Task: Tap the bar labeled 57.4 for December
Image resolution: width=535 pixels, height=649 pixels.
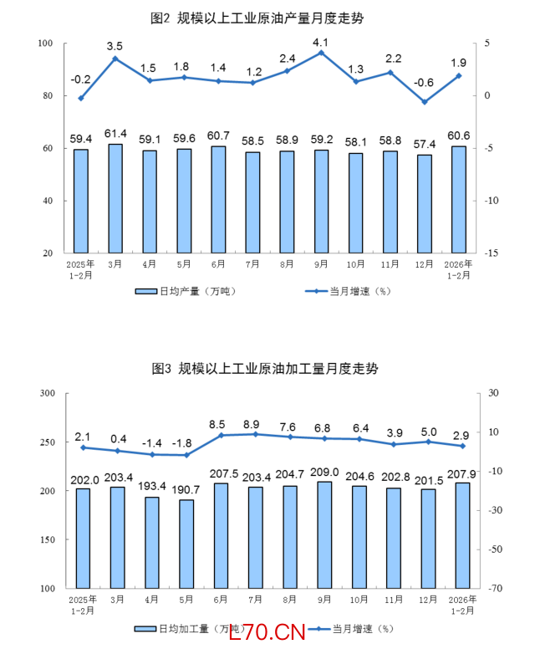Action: click(x=425, y=203)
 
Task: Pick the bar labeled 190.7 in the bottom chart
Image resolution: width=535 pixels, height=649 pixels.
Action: click(x=186, y=544)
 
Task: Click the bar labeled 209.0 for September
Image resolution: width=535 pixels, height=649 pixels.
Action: click(x=324, y=534)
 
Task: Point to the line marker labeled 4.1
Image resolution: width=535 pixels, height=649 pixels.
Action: click(x=321, y=53)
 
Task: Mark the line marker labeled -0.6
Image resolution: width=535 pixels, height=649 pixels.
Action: click(x=425, y=102)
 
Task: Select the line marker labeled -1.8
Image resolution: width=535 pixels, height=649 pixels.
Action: click(x=186, y=455)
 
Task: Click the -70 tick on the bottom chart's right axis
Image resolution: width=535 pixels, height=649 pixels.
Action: click(x=491, y=589)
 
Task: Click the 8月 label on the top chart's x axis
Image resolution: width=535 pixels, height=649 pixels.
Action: click(x=287, y=264)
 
